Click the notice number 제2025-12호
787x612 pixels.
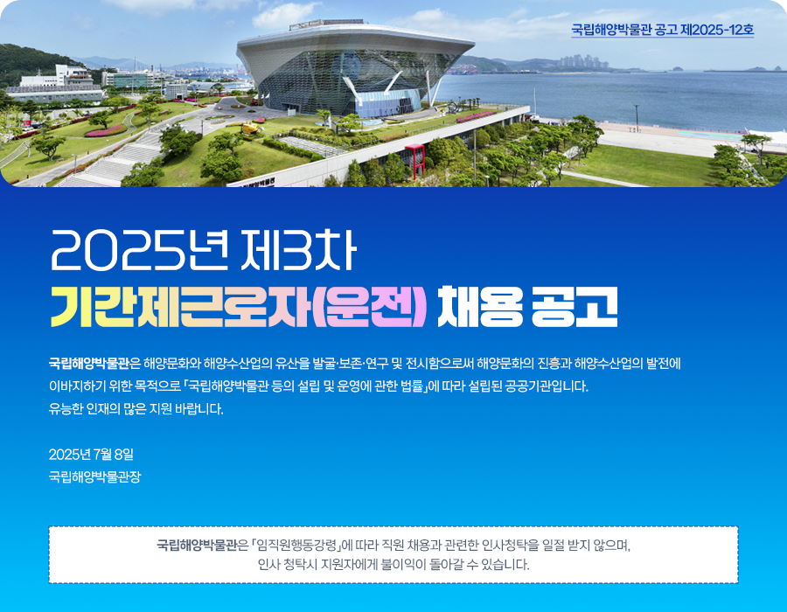[x=717, y=30]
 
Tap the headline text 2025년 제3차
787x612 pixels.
[x=203, y=250]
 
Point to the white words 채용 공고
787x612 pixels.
[x=527, y=307]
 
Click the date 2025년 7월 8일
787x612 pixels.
[x=91, y=454]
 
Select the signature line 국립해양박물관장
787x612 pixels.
[x=94, y=476]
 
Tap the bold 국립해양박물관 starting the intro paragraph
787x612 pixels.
[x=89, y=363]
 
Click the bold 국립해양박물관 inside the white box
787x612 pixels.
[x=196, y=545]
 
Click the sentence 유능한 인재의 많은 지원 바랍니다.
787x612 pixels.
[x=136, y=409]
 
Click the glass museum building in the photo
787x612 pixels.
[x=354, y=67]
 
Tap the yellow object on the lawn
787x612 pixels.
[x=250, y=128]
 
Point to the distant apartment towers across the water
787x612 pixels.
[x=584, y=62]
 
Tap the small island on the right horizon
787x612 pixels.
[x=763, y=68]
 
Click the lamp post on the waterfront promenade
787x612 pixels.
[x=637, y=118]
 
